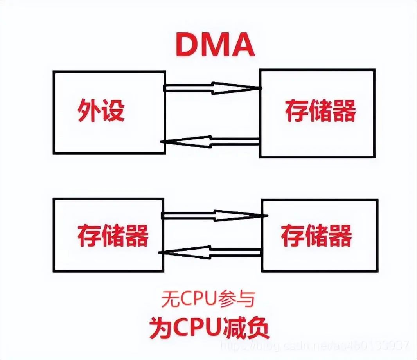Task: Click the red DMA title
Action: click(x=215, y=45)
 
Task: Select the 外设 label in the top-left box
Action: click(x=101, y=111)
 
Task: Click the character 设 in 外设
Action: click(x=113, y=111)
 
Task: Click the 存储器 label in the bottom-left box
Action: click(x=113, y=235)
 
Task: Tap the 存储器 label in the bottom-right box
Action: click(x=316, y=235)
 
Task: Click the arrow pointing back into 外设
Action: click(x=211, y=141)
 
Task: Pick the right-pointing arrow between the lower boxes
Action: click(x=214, y=216)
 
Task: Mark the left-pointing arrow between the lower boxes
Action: click(x=211, y=251)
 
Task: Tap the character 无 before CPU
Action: click(x=169, y=300)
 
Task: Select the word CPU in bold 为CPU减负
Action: click(x=196, y=328)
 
